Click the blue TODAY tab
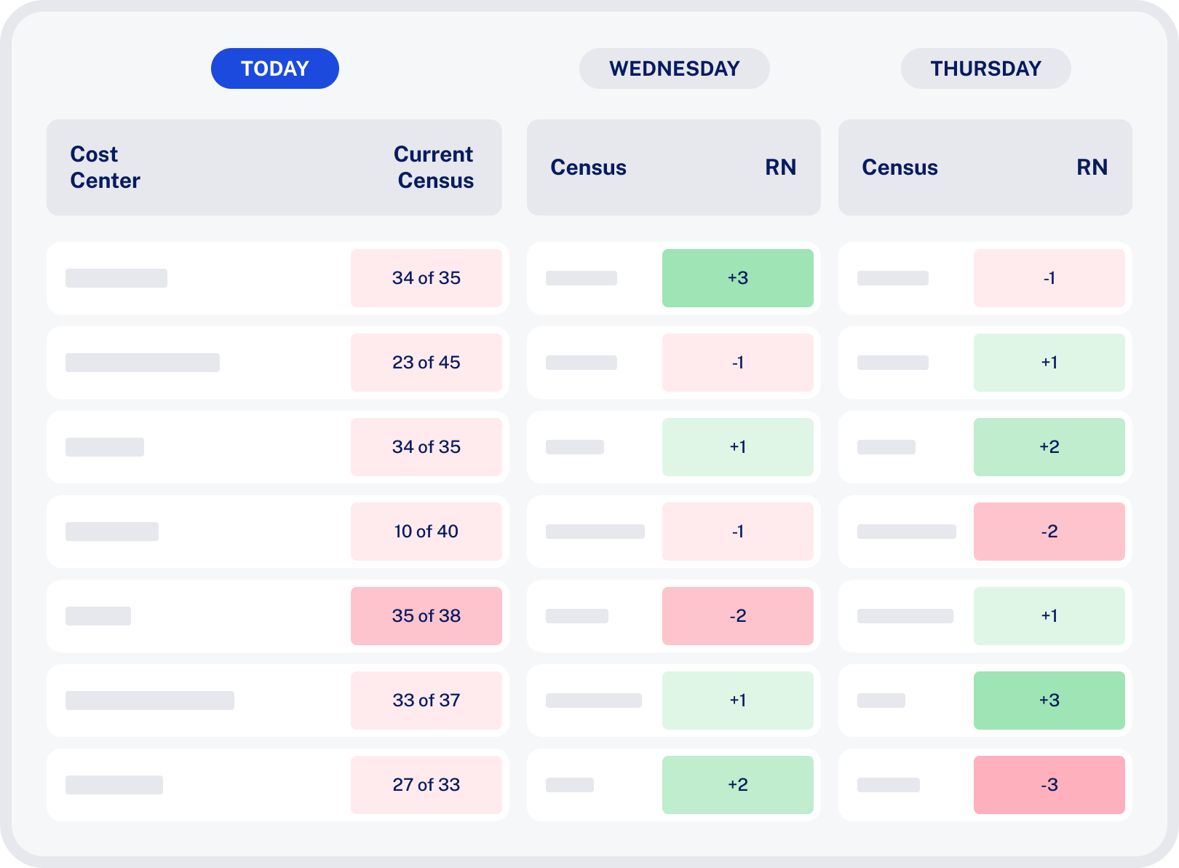coord(274,68)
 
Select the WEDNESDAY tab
coord(674,68)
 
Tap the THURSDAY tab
coord(985,68)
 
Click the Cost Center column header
coord(105,167)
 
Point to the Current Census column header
coord(434,167)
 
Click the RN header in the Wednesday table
coord(780,167)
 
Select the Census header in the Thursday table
coord(900,167)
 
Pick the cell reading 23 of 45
coord(426,363)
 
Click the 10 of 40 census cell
coord(426,532)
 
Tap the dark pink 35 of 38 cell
coord(426,616)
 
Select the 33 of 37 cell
coord(426,701)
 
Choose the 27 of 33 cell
coord(426,785)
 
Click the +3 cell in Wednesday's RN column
coord(738,278)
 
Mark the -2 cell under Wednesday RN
coord(738,616)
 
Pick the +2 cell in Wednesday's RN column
coord(738,785)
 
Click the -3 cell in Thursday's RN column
coord(1049,785)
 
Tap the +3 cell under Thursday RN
coord(1049,701)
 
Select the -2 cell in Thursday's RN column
coord(1049,532)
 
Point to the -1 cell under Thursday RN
coord(1049,278)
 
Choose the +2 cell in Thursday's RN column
coord(1049,447)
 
